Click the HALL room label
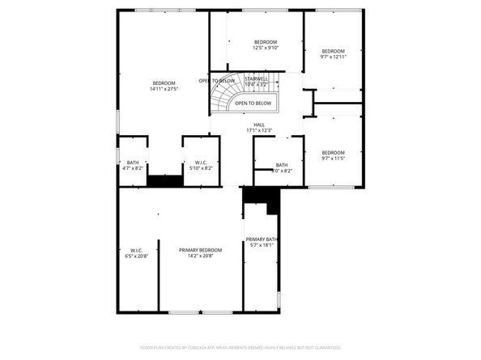point(259,125)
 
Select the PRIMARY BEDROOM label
point(200,250)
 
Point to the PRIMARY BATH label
point(262,239)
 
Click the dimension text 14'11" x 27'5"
point(164,89)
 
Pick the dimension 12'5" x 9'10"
point(266,48)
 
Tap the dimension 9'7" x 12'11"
point(333,57)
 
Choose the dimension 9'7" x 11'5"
point(333,159)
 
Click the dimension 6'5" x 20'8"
point(136,256)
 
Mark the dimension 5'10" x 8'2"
point(200,168)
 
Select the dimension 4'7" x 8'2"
point(132,168)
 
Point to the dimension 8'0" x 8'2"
point(282,171)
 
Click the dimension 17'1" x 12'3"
point(259,130)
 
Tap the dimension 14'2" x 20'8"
point(200,256)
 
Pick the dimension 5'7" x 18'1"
point(262,245)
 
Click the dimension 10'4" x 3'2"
point(256,84)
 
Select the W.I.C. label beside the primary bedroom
point(136,250)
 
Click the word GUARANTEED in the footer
point(326,346)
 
